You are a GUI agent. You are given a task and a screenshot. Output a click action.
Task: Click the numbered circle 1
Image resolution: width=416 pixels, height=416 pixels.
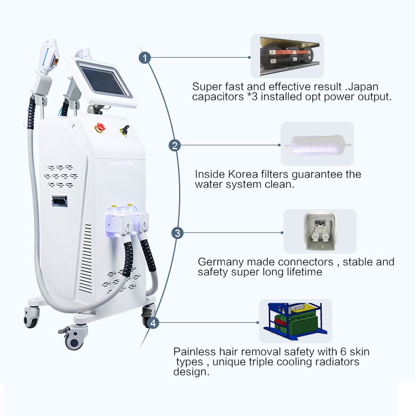(x=145, y=58)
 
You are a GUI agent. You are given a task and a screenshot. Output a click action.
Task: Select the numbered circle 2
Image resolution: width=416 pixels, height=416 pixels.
(x=175, y=145)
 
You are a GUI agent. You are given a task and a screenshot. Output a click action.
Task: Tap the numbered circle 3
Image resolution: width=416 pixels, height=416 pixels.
(x=177, y=233)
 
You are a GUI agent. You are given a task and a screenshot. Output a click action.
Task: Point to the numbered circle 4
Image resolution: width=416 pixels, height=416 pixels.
(x=153, y=323)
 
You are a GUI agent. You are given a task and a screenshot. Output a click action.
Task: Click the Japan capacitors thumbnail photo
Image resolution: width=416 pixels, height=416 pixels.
(x=287, y=56)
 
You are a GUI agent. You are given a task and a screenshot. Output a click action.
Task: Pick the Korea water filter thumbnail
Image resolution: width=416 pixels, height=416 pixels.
(x=317, y=144)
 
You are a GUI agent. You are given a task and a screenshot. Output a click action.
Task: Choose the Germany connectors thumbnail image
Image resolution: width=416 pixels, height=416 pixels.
(x=320, y=231)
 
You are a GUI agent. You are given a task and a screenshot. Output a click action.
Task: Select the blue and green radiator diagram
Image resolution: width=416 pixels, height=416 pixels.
(x=296, y=321)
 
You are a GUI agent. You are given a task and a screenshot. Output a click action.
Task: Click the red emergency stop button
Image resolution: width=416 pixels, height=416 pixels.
(x=100, y=128)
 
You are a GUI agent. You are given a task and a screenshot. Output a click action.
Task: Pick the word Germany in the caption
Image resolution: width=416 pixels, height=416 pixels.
(x=221, y=262)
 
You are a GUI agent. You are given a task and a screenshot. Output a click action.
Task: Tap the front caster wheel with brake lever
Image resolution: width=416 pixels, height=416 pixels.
(x=74, y=337)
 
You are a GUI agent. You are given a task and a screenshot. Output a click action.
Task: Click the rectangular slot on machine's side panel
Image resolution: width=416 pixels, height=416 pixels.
(x=59, y=201)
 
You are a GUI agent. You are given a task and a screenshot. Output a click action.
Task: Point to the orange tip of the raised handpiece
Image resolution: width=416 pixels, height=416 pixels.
(x=55, y=62)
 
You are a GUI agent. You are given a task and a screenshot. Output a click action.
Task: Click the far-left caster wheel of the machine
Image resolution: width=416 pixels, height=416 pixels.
(x=31, y=317)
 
